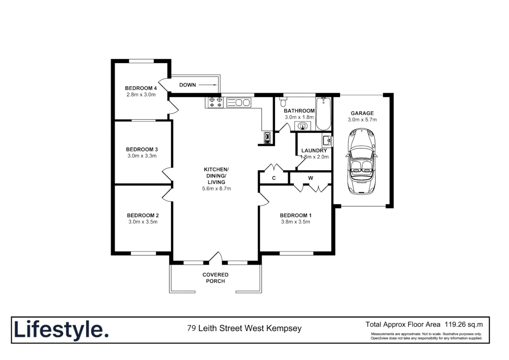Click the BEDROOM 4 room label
tap(141, 88)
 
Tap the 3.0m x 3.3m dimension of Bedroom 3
tap(142, 156)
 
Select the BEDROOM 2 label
tap(143, 215)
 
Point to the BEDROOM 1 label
tap(295, 215)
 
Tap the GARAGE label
tap(362, 113)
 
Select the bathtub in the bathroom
tap(323, 114)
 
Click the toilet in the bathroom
tap(283, 100)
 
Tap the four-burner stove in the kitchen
tap(215, 102)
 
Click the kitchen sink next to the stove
tap(239, 102)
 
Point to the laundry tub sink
tap(327, 140)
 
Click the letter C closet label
tap(274, 178)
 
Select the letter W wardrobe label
tap(310, 178)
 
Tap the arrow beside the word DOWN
tap(208, 85)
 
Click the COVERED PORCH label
tap(215, 278)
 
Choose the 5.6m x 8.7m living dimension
tap(217, 189)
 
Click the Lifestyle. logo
tap(61, 330)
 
